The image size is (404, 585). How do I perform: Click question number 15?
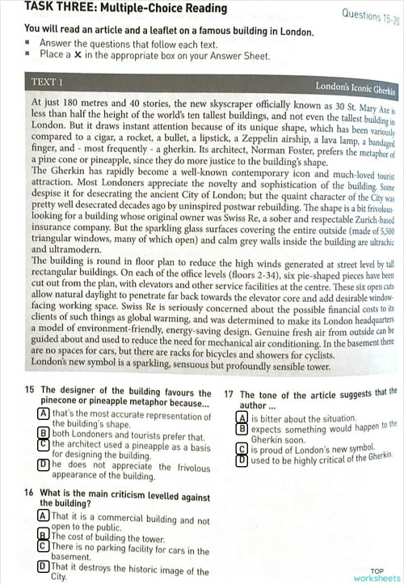(x=29, y=389)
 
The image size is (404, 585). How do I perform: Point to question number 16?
(x=29, y=492)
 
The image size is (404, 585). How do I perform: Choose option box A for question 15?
(x=43, y=413)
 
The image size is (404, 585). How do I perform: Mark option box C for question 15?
(x=43, y=443)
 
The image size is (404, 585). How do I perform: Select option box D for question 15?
(x=43, y=465)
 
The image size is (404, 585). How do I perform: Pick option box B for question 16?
(x=43, y=535)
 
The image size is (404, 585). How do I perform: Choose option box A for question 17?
(x=241, y=418)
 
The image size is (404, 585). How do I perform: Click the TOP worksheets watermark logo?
(x=378, y=575)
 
